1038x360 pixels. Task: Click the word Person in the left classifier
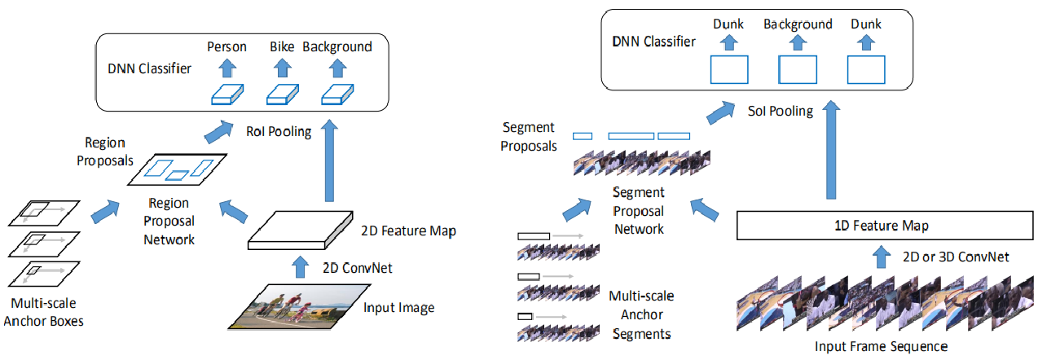227,47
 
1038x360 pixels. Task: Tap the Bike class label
282,47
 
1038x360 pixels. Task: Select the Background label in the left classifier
336,47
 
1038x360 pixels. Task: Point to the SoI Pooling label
781,111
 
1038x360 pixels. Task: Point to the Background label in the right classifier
798,24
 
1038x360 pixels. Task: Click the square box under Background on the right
798,70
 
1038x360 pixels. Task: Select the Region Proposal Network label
169,221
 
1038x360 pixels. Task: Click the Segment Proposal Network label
639,211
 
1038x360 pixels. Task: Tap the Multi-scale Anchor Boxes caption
43,313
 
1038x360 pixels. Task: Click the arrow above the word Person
227,67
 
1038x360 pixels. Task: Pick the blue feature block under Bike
282,94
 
